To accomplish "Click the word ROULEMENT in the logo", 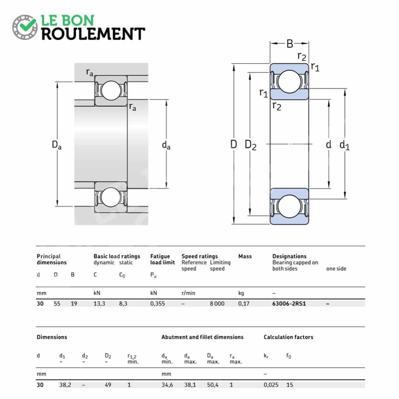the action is pos(93,34).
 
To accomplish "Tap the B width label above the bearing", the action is pos(290,43).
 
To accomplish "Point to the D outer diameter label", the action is pos(233,144).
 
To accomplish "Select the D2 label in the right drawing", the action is pos(250,145).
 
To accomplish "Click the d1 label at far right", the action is pos(345,145).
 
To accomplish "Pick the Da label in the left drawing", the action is pos(56,145).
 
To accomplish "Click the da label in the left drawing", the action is pos(166,145).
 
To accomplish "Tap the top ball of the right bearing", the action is pos(289,81).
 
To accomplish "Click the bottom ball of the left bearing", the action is pos(111,197).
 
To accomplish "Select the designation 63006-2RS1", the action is pos(289,304).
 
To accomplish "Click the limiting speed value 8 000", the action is pos(217,304).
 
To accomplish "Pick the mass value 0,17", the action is pos(244,304).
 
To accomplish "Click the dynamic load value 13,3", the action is pos(99,304).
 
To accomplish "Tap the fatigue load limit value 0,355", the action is pos(158,304).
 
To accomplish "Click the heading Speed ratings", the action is pos(199,256).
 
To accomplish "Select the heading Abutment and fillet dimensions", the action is pos(202,337).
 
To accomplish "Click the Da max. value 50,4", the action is pos(212,385).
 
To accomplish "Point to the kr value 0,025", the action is pos(271,385).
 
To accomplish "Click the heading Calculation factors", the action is pos(288,337).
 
